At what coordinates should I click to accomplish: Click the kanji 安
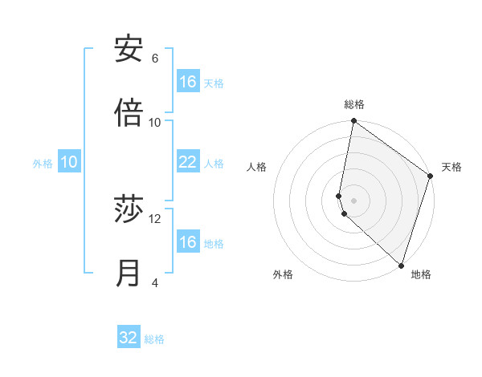tap(129, 49)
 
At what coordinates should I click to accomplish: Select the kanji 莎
tap(129, 209)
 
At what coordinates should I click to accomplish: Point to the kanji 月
tap(129, 274)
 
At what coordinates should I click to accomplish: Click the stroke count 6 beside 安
tap(155, 59)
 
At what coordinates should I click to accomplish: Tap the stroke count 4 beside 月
tap(155, 283)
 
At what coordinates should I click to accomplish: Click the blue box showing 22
tap(188, 162)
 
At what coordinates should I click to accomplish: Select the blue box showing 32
tap(129, 338)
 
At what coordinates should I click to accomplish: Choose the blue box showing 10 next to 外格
tap(69, 162)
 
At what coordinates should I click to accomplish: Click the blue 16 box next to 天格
tap(188, 82)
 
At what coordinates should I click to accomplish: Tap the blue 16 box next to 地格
tap(188, 242)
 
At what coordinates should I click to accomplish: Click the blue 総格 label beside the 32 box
tap(154, 339)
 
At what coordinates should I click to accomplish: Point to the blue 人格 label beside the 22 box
tap(214, 164)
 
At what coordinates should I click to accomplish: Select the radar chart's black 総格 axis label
tap(354, 104)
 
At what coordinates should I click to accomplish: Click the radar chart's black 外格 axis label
tap(283, 275)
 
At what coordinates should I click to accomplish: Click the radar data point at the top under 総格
tap(353, 122)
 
